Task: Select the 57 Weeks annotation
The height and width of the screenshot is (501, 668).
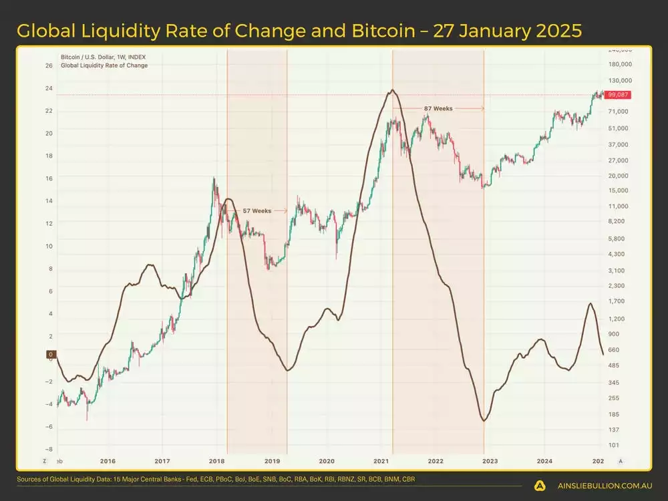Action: pos(257,210)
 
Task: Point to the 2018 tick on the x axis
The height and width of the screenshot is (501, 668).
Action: pos(216,461)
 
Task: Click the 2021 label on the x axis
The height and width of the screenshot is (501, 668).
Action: pos(381,461)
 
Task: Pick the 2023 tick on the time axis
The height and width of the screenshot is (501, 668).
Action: pos(490,461)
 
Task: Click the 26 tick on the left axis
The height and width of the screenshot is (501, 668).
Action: pos(49,66)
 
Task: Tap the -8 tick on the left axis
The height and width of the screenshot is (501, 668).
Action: pos(49,450)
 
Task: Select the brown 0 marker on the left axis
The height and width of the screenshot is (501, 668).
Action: pos(50,354)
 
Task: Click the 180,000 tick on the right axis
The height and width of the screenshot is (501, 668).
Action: pos(620,64)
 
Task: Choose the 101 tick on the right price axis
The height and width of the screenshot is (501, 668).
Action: pos(613,445)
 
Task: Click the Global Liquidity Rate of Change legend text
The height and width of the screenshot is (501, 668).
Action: pos(104,65)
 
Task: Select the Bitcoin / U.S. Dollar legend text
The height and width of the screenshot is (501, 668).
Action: pos(103,57)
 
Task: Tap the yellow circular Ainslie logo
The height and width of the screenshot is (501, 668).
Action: pos(540,486)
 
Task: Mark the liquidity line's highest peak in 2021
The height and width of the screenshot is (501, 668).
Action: pos(392,90)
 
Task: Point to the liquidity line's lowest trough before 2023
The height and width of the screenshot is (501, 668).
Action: pos(483,421)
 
